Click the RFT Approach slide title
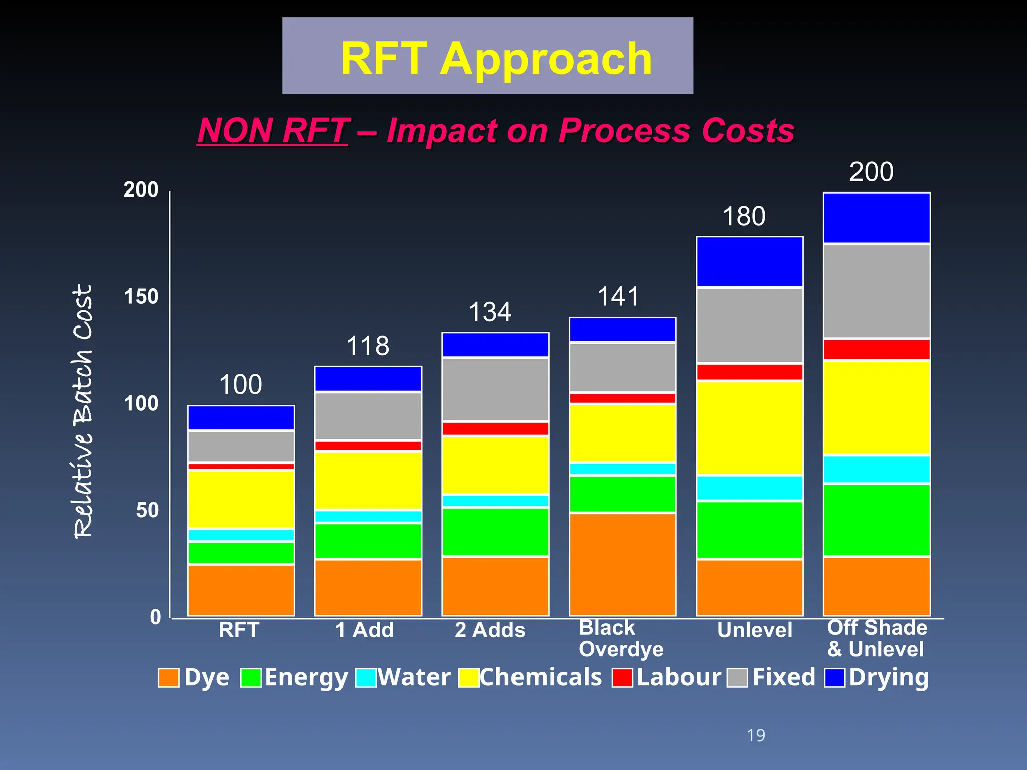[x=495, y=58]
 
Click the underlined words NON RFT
[x=272, y=130]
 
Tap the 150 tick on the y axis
[x=141, y=296]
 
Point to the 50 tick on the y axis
[x=147, y=510]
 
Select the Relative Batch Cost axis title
[x=83, y=411]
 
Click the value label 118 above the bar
[x=368, y=346]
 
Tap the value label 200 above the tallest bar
[x=871, y=172]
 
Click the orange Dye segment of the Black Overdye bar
[x=622, y=564]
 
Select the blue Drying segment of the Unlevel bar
[x=749, y=262]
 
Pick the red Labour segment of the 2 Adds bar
[x=495, y=429]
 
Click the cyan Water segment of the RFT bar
[x=241, y=535]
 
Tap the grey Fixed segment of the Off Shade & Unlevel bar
[x=877, y=291]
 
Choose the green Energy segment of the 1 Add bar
[x=368, y=541]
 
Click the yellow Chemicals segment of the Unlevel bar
[x=749, y=428]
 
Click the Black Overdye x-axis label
[x=621, y=638]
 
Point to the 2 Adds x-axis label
[x=490, y=630]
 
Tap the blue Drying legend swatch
[x=835, y=678]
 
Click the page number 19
[x=756, y=735]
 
